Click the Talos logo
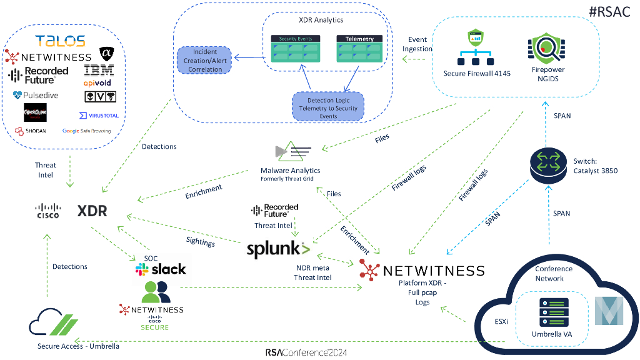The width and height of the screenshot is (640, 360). [60, 41]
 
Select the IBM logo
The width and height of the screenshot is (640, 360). [99, 71]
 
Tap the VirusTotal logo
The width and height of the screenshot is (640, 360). [99, 116]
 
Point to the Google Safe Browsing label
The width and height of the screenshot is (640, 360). [86, 131]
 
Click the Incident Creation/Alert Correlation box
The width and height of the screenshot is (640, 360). [205, 61]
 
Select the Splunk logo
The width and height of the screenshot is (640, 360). [278, 249]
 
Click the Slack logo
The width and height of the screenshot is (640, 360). [161, 269]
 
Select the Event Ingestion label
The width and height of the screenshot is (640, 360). [417, 44]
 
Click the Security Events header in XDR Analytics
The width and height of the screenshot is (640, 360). [296, 39]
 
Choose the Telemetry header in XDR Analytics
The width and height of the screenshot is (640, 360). [359, 39]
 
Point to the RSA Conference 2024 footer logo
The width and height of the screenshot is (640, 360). [306, 352]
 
